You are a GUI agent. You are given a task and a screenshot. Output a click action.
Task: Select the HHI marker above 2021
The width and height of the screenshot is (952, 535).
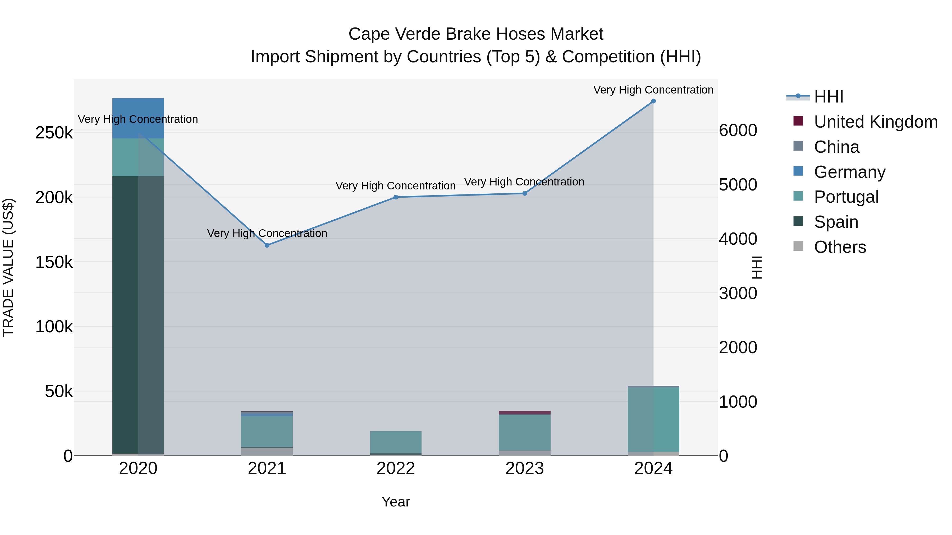267,245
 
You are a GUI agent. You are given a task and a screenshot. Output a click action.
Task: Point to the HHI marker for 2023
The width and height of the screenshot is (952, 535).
524,193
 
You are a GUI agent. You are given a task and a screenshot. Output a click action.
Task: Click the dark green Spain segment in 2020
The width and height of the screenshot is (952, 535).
126,314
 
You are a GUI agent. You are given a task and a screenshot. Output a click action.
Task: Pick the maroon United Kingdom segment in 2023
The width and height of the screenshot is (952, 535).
524,413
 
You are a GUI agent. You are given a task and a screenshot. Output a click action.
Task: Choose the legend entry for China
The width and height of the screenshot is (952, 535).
836,147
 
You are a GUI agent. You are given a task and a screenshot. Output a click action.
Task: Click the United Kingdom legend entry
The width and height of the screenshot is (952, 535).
876,122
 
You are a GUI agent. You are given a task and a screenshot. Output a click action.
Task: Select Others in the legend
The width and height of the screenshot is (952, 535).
840,247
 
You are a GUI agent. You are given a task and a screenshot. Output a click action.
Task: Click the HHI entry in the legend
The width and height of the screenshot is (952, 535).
829,97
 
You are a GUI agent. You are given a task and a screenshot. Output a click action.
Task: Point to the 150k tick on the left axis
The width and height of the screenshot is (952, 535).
54,262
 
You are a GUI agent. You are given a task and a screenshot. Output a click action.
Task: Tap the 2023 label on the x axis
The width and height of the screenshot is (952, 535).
524,468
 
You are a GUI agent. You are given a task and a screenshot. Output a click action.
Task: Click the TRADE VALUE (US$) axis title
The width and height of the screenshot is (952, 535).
8,267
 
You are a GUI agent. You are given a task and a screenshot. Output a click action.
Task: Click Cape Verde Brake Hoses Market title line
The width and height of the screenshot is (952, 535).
476,34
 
